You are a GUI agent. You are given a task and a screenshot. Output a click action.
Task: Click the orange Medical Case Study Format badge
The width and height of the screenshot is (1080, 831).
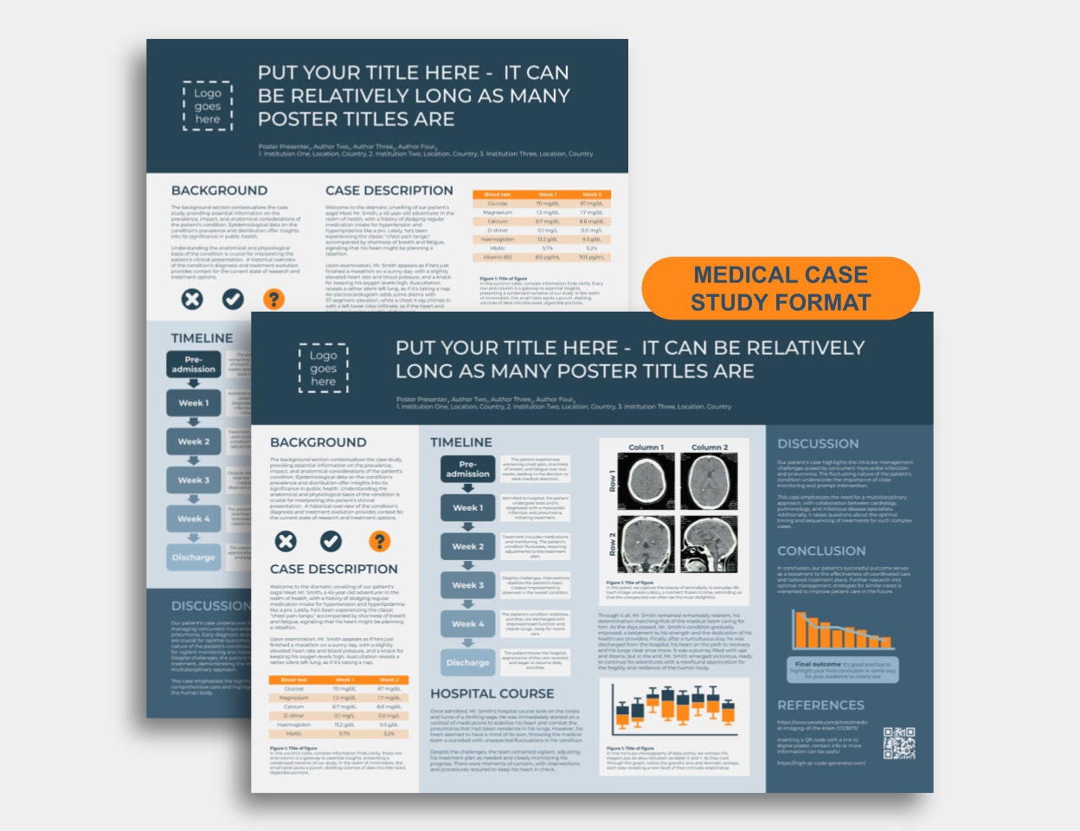pos(780,288)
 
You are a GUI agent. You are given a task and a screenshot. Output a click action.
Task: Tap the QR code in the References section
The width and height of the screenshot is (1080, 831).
pos(899,744)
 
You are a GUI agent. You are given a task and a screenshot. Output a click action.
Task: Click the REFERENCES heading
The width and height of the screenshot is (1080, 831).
pos(820,705)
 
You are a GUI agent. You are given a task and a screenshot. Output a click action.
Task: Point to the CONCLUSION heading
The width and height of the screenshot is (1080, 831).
pos(821,551)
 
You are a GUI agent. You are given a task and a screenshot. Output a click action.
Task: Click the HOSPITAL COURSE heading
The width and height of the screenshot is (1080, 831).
pos(492,693)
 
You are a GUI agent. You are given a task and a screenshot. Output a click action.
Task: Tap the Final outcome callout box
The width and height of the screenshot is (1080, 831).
pos(845,669)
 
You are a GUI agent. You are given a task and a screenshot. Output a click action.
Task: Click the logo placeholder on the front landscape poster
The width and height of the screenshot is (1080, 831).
pos(323,369)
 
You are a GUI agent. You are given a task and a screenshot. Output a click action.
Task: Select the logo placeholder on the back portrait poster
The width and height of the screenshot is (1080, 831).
pos(208,106)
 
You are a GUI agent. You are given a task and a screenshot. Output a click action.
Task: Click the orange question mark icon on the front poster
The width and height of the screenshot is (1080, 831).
pos(379,541)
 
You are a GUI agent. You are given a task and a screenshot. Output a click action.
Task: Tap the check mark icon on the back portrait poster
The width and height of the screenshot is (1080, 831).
pos(233,299)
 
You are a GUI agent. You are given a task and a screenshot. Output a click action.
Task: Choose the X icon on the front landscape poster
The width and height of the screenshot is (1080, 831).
pos(285,541)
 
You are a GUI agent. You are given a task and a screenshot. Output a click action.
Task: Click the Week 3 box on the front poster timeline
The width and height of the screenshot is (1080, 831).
pos(467,585)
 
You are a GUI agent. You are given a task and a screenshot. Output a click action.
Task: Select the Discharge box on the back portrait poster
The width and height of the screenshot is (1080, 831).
pos(193,557)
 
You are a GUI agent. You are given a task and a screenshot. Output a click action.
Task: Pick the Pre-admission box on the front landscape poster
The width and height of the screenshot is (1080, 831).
pos(467,469)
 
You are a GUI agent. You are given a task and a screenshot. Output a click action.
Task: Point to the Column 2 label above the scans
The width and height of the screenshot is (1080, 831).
pos(709,448)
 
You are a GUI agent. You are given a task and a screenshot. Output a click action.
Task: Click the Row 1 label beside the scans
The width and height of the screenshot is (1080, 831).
pos(613,481)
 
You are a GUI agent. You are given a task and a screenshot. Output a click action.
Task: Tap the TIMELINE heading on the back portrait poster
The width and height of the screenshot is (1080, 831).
pos(202,338)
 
